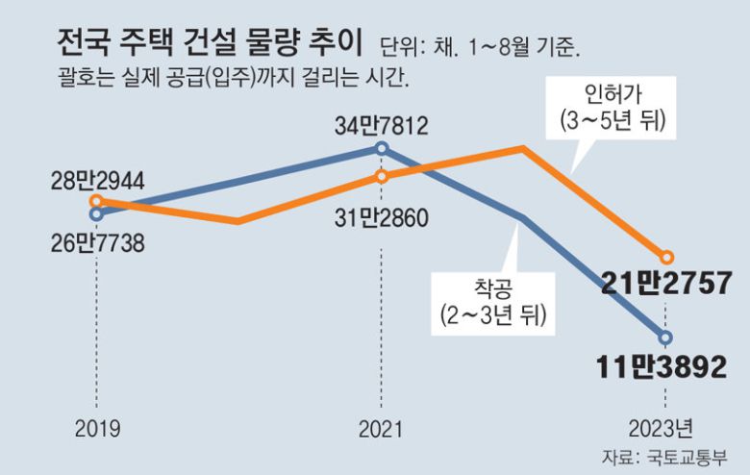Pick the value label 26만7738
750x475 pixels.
point(97,243)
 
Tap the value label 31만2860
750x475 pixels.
point(382,214)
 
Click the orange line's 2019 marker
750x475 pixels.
point(96,202)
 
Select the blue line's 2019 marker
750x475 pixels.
point(95,214)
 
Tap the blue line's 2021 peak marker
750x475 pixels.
point(382,148)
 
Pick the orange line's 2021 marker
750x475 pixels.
point(382,176)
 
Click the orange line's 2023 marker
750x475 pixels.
point(666,257)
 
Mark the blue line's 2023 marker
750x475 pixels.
point(666,337)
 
